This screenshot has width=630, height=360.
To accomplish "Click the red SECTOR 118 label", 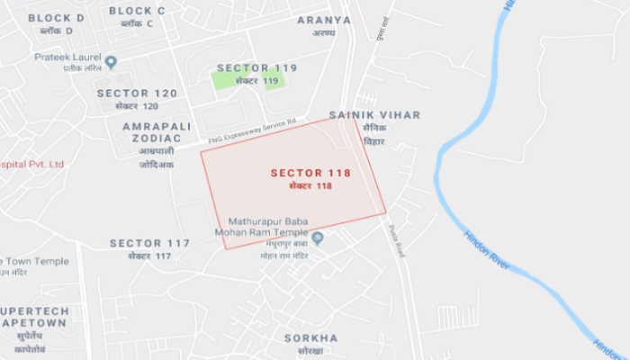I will click(310, 172).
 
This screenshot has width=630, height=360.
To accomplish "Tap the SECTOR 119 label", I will click(256, 67).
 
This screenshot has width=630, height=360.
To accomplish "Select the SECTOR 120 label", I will click(137, 93).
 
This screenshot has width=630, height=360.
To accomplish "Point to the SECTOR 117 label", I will click(149, 244).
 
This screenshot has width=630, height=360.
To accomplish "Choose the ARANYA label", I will click(324, 19).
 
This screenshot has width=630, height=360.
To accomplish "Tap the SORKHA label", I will click(310, 338).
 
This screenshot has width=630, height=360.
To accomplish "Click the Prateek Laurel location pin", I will click(111, 62).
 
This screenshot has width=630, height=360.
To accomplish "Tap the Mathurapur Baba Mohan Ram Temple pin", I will click(317, 238).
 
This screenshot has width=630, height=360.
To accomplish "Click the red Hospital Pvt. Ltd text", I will click(32, 165).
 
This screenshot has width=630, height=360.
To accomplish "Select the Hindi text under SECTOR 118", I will click(310, 185).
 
